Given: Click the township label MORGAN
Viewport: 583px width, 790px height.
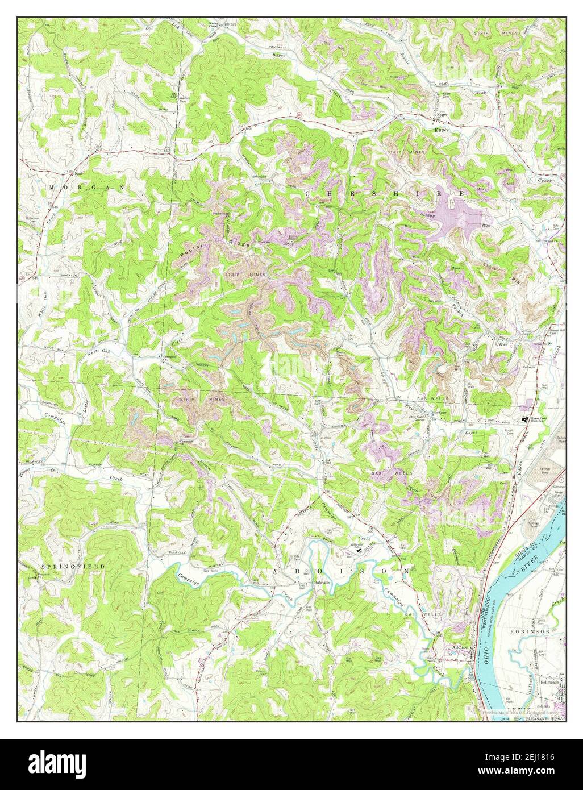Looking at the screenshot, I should click(x=86, y=187).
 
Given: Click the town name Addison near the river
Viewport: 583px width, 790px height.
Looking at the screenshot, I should click(x=460, y=647).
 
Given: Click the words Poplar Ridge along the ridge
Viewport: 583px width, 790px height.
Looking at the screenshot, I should click(x=216, y=249).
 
